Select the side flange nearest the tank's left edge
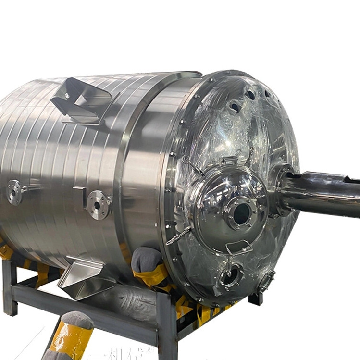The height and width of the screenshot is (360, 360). pyautogui.click(x=14, y=191)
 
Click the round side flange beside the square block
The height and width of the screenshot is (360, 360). pyautogui.click(x=99, y=205)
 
